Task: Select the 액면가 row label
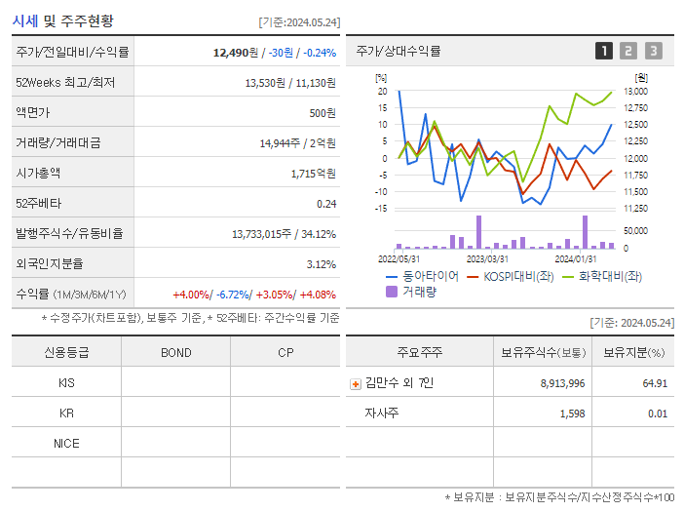[32, 113]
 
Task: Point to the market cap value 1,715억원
[313, 174]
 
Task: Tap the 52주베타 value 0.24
[325, 204]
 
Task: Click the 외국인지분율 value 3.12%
[321, 264]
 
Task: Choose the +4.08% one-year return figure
[318, 295]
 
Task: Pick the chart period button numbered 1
[604, 51]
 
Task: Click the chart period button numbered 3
[653, 51]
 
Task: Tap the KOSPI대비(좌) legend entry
[513, 277]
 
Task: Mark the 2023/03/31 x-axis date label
[487, 258]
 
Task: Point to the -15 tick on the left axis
[381, 208]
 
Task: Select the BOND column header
[175, 353]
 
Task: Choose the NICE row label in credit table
[66, 444]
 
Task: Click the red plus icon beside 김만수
[356, 383]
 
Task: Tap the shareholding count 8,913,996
[562, 383]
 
